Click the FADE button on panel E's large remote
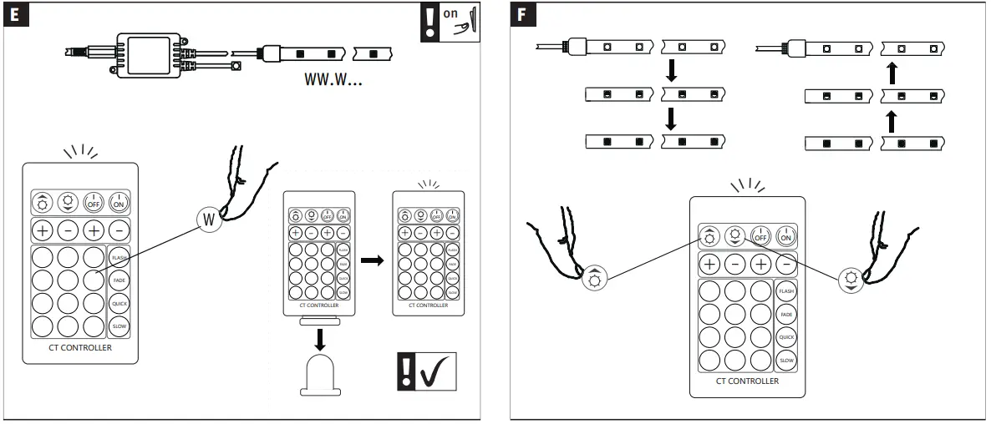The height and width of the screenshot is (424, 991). [x=119, y=280]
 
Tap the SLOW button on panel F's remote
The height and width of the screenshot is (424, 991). [x=786, y=361]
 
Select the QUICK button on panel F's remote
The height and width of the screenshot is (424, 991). [x=786, y=337]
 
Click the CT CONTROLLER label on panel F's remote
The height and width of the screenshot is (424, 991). [x=747, y=381]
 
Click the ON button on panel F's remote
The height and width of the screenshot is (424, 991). [x=785, y=236]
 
